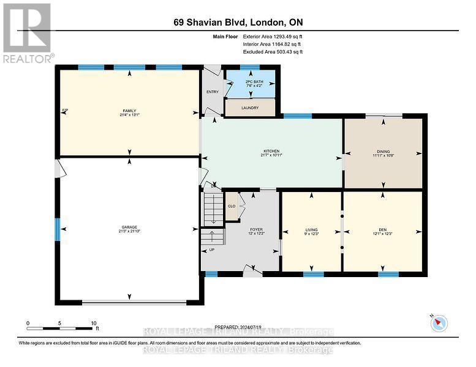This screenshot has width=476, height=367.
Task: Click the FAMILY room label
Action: pos(129,111)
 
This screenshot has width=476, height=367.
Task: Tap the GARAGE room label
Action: pos(129,228)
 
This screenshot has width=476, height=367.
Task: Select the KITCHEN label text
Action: pos(271,151)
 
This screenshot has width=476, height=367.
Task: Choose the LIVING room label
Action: pos(311,230)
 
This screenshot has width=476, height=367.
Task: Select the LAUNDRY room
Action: pos(250,108)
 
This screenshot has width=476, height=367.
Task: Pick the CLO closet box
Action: pos(232,206)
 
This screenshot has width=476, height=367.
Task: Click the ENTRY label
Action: pos(213,92)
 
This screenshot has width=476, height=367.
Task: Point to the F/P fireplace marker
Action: pos(65,111)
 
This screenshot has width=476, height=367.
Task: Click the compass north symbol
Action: pos(440,323)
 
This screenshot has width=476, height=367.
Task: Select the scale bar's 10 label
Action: pos(93,323)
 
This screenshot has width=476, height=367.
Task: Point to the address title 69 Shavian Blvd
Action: pos(238,23)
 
